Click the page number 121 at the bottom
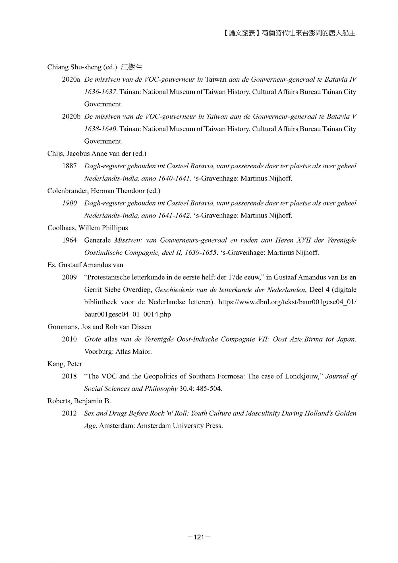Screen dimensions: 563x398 click(199, 537)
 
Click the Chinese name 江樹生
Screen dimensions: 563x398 click(131, 67)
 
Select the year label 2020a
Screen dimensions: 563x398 click(71, 80)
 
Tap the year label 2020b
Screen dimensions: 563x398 click(71, 117)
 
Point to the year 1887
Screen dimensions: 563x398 click(69, 166)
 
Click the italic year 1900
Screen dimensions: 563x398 click(69, 203)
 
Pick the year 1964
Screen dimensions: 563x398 click(69, 240)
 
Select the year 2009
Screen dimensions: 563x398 click(69, 277)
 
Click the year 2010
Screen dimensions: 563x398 click(69, 339)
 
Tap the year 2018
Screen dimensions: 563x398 click(69, 376)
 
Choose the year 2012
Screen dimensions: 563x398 click(69, 413)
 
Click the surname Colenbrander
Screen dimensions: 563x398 click(67, 191)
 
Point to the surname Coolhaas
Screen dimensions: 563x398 click(62, 228)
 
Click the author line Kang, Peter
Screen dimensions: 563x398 click(65, 364)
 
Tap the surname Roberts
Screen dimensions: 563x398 click(59, 401)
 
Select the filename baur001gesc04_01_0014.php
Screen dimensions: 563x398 click(128, 314)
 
